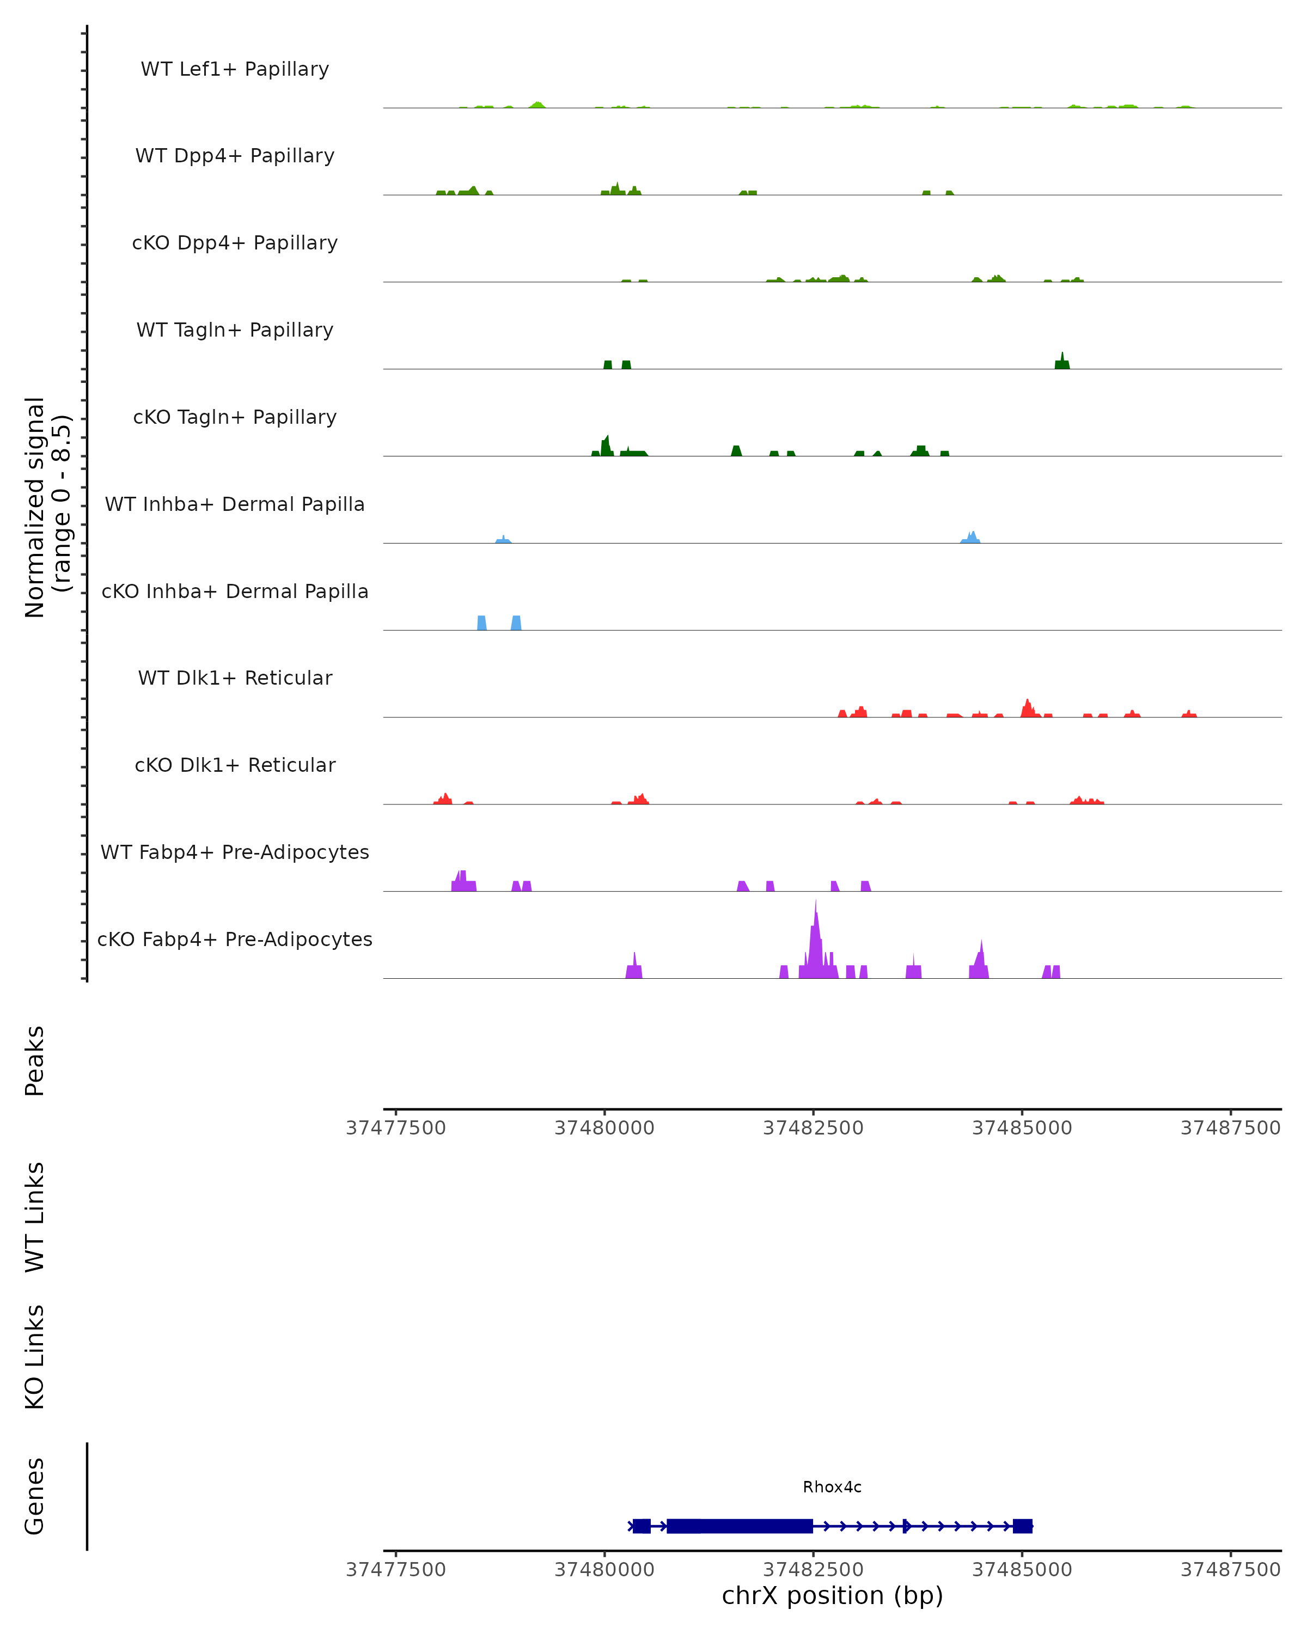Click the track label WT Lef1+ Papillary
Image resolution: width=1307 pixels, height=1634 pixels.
tap(235, 69)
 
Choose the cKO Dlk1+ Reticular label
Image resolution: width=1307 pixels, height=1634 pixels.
tap(235, 765)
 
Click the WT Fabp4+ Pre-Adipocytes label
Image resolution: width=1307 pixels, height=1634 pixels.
tap(235, 852)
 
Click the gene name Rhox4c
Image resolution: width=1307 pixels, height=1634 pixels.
tap(832, 1487)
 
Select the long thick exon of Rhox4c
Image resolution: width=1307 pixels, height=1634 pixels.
tap(740, 1526)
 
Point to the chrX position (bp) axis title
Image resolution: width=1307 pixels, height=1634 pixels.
tap(832, 1595)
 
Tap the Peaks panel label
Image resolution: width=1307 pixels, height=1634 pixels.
tap(35, 1060)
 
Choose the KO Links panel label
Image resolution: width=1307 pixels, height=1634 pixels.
tap(35, 1357)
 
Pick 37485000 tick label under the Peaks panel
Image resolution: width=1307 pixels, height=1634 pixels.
tap(1021, 1128)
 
